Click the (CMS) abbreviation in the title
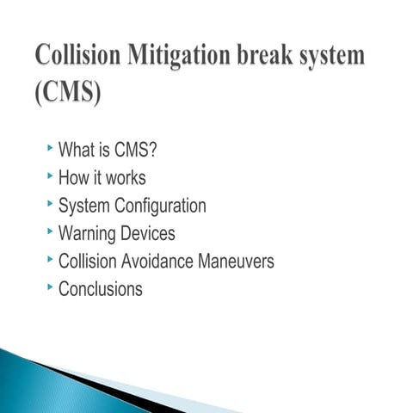point(68,92)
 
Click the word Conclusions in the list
point(100,289)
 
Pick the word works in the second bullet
point(126,179)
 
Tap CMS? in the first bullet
point(136,151)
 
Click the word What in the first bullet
point(75,151)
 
